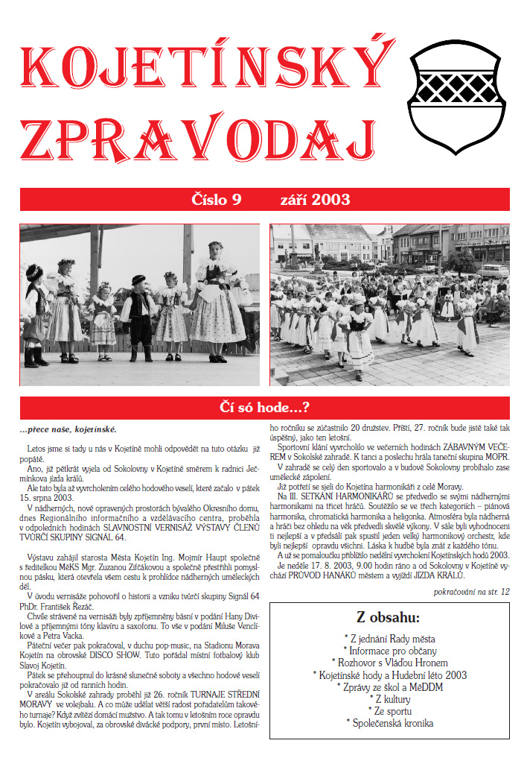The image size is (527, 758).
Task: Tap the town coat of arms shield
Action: pos(457,91)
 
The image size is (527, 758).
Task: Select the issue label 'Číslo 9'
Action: pos(218,199)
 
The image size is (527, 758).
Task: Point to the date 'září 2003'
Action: pos(315,199)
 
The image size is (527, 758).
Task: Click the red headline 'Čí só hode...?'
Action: pos(264,408)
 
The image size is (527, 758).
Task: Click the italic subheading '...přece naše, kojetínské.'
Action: pos(68,430)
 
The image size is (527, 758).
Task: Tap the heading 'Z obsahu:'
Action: pos(388,617)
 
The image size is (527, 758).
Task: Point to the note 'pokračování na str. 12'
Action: pos(471,592)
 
